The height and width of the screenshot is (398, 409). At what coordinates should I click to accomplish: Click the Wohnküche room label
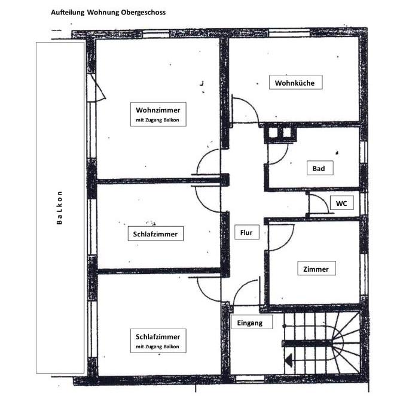[x=295, y=83]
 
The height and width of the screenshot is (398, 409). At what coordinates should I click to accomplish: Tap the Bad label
[x=319, y=169]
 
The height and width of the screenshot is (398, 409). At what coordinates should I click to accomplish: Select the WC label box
[x=341, y=203]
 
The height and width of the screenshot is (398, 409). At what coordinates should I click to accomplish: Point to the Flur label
[x=246, y=233]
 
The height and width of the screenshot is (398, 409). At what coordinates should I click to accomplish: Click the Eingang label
[x=251, y=323]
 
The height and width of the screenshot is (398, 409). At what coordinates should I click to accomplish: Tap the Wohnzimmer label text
[x=157, y=110]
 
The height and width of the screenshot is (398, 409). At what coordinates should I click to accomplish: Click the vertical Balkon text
[x=59, y=208]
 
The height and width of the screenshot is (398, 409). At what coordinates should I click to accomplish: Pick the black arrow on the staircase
[x=289, y=361]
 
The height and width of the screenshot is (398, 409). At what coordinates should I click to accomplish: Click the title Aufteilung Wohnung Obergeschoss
[x=108, y=12]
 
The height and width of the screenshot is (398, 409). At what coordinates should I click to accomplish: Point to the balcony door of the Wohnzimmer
[x=95, y=88]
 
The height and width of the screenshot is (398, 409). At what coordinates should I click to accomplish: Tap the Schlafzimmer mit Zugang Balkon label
[x=157, y=339]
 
